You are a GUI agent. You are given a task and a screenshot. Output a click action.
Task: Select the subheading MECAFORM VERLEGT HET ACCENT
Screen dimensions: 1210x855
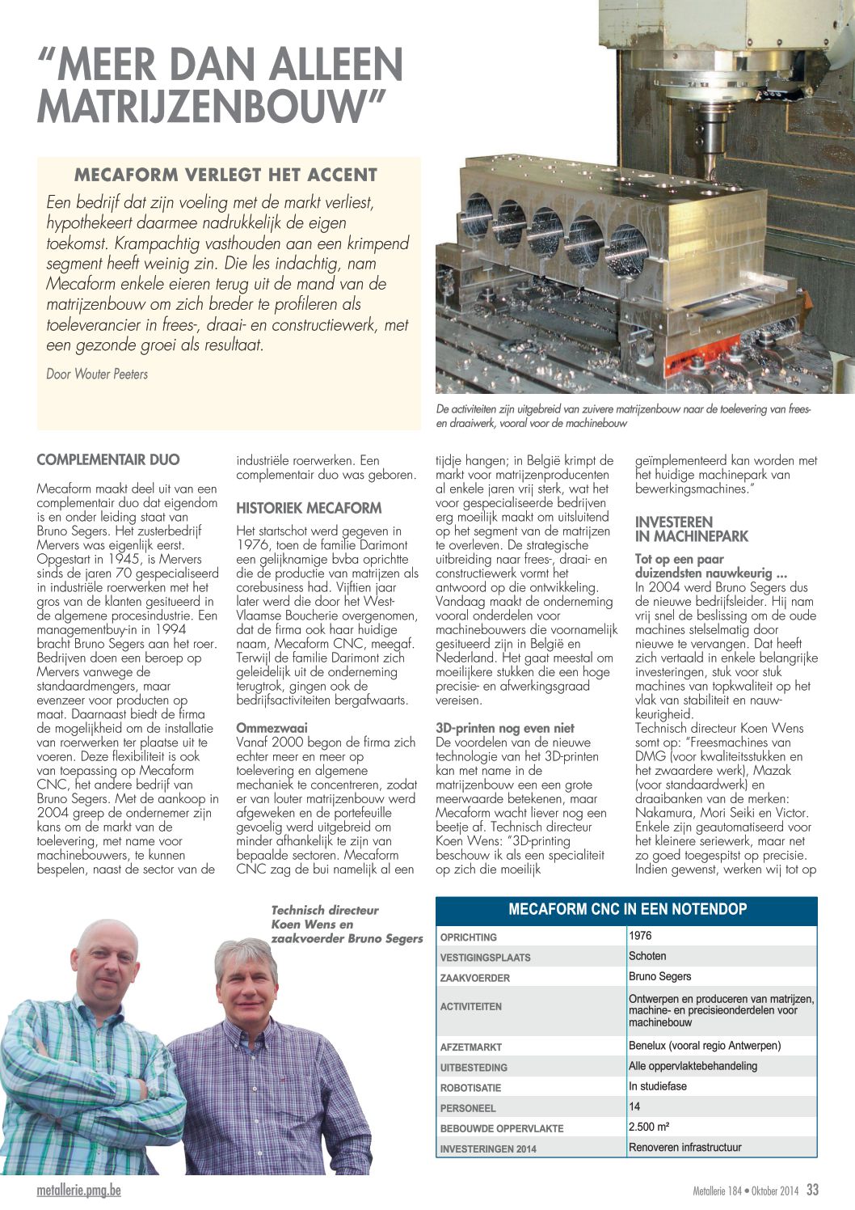click(225, 175)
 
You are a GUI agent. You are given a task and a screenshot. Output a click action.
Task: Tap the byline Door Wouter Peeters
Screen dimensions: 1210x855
click(97, 374)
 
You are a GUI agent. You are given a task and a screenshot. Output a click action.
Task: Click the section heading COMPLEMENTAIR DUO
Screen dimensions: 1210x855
click(108, 460)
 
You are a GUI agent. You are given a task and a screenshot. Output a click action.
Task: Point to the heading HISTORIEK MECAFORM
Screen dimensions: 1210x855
click(309, 508)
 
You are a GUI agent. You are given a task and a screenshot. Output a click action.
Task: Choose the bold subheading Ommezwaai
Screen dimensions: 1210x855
click(272, 728)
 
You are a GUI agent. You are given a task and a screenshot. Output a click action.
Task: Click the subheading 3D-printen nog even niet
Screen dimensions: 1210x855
click(505, 728)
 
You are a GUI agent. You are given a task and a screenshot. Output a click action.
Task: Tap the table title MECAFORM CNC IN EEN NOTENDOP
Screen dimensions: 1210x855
click(627, 909)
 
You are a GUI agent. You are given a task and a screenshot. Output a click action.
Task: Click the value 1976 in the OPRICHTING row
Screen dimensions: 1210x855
click(640, 936)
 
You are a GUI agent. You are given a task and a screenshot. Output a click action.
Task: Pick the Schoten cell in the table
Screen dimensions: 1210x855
click(647, 956)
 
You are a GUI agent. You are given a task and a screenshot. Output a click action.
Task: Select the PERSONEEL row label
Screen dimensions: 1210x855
click(468, 1108)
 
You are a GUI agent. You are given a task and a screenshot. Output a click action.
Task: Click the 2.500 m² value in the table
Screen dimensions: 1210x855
click(649, 1127)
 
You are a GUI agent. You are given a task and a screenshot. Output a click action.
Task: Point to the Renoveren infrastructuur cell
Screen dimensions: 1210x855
click(684, 1147)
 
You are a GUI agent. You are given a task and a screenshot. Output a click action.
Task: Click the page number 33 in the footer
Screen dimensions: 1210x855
click(812, 1190)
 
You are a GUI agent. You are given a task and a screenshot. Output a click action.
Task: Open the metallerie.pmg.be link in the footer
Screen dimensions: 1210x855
click(78, 1191)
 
